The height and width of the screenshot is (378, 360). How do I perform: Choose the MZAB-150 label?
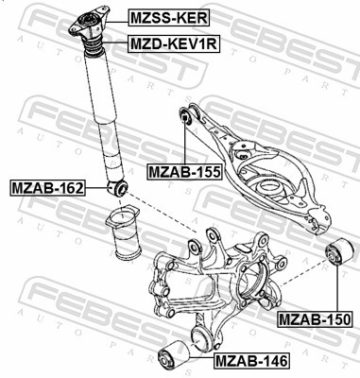coord(316,318)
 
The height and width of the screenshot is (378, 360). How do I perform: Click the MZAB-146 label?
coord(251,359)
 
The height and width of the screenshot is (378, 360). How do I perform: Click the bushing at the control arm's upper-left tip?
coord(186,117)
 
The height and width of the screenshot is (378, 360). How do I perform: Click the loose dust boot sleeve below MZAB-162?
coord(119,243)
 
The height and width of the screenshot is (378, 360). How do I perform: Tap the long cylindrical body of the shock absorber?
coord(106,113)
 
